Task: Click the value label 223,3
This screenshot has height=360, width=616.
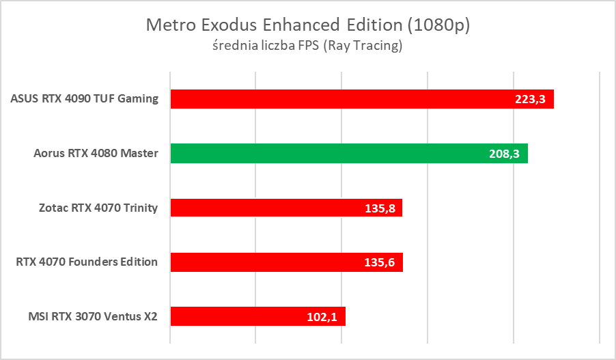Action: pyautogui.click(x=530, y=99)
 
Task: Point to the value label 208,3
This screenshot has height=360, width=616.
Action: pyautogui.click(x=505, y=154)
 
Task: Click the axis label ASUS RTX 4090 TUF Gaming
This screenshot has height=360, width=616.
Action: pyautogui.click(x=85, y=98)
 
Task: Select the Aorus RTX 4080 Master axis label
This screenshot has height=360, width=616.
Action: pyautogui.click(x=96, y=153)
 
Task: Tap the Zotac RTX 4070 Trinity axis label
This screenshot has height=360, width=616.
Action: pyautogui.click(x=98, y=208)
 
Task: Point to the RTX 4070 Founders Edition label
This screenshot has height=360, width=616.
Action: pyautogui.click(x=87, y=262)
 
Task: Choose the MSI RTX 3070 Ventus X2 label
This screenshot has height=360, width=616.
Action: pyautogui.click(x=93, y=316)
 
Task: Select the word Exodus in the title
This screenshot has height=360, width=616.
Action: pyautogui.click(x=222, y=25)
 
